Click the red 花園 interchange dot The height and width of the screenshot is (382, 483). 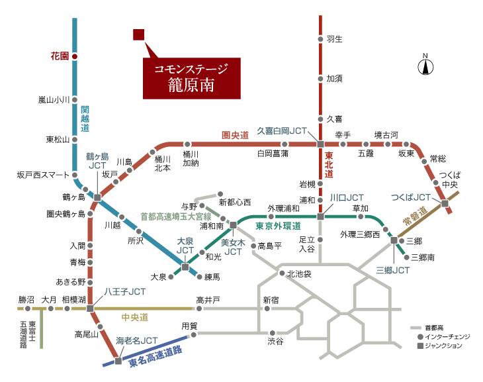75,56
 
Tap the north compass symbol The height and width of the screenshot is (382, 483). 425,65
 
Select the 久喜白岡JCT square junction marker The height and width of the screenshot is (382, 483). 320,144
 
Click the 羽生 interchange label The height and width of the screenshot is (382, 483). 335,39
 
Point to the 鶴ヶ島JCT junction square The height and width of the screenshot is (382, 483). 97,197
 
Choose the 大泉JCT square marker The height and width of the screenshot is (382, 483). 185,267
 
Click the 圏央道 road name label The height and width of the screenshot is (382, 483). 235,135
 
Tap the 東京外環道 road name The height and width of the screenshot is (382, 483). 278,226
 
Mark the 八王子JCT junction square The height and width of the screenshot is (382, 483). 90,309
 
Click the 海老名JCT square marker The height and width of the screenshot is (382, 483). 118,361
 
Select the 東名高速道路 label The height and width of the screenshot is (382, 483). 155,357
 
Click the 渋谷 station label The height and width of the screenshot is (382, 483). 275,342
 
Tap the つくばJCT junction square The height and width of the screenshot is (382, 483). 445,203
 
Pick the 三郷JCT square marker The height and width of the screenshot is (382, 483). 394,240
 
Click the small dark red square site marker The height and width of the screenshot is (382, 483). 139,34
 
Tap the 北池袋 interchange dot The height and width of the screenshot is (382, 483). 282,273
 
